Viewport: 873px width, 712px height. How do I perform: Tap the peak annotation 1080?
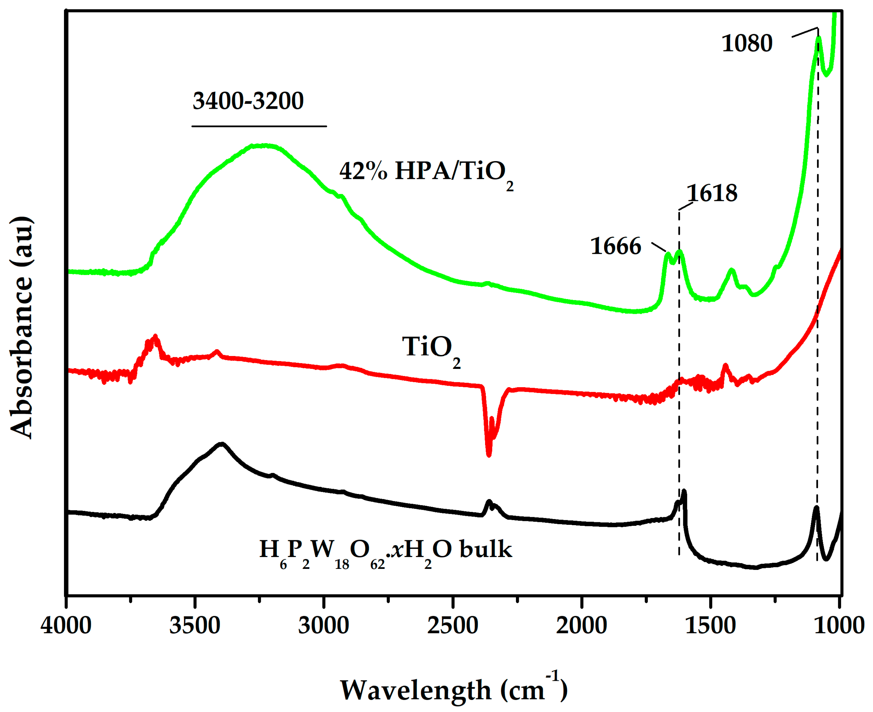pos(747,43)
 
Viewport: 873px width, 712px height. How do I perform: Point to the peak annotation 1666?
pos(615,246)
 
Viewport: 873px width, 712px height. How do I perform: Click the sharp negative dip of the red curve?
pos(488,454)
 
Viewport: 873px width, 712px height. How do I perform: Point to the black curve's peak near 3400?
pos(222,444)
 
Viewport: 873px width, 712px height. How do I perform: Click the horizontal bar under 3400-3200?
pos(259,126)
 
